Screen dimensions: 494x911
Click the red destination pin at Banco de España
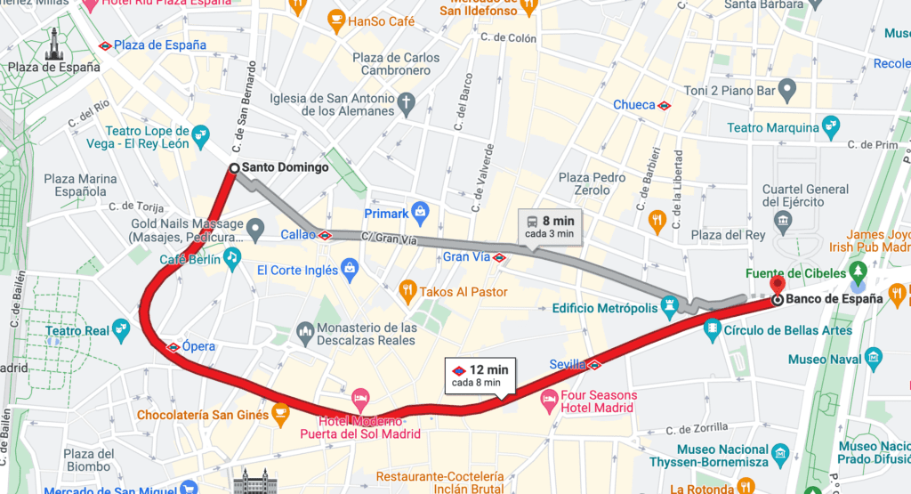[x=778, y=286]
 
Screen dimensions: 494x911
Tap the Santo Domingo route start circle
[x=234, y=167]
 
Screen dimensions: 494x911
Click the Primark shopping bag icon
[x=421, y=214]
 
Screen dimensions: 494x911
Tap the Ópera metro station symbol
[x=173, y=346]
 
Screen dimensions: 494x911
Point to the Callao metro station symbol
[x=326, y=236]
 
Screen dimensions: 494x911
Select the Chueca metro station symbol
[x=664, y=105]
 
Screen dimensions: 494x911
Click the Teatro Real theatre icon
[x=122, y=331]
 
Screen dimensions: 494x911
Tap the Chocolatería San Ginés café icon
[x=280, y=413]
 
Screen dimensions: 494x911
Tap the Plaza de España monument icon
[x=53, y=43]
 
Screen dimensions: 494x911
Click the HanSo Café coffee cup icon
[x=335, y=19]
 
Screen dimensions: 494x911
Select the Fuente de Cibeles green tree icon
[x=858, y=270]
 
